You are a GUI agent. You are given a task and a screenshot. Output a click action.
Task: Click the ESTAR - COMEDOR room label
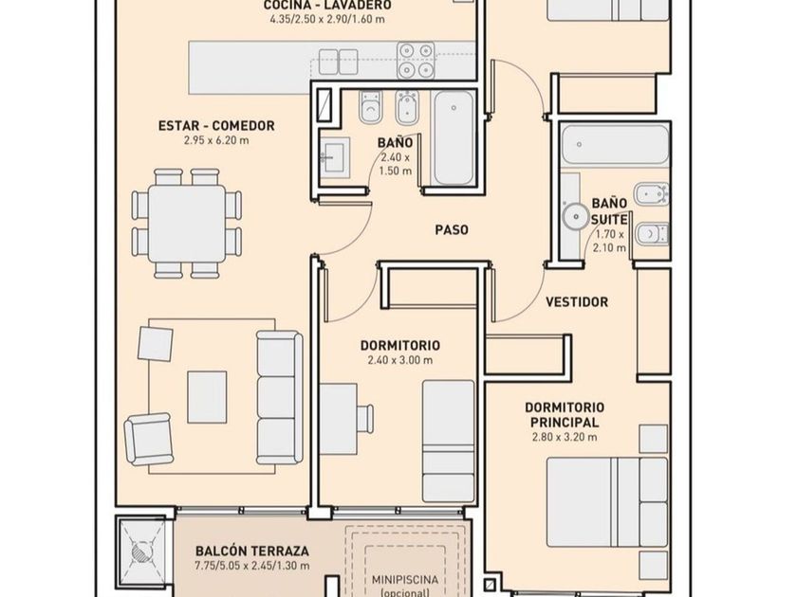pos(216,125)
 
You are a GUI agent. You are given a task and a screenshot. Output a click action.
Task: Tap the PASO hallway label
pos(452,230)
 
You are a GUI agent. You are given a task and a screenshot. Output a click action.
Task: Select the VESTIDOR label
pos(577,302)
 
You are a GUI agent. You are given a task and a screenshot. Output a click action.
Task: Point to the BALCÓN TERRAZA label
pos(252,551)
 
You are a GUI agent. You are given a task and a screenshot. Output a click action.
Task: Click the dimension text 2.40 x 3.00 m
pos(400,360)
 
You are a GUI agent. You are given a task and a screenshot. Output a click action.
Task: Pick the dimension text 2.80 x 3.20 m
pos(565,437)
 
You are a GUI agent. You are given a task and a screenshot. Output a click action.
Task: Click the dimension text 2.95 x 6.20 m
pos(216,140)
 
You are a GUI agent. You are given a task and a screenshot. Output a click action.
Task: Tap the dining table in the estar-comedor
pos(187,224)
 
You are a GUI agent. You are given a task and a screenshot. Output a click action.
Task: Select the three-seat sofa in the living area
pos(279,397)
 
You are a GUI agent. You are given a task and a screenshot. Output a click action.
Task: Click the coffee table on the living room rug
pos(207,397)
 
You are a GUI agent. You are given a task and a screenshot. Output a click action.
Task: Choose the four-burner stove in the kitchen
pos(416,60)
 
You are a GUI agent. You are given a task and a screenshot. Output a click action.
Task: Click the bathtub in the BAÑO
pos(454,138)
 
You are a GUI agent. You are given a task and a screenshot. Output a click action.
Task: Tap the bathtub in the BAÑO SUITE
pos(615,145)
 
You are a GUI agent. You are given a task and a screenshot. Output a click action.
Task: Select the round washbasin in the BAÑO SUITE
pos(577,216)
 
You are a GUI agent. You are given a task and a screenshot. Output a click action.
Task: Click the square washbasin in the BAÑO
pos(335,157)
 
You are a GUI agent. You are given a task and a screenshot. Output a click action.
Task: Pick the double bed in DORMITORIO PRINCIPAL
pos(607,502)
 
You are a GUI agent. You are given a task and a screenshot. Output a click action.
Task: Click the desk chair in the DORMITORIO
pos(365,418)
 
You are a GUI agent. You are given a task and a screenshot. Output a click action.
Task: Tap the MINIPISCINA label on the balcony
pos(404,579)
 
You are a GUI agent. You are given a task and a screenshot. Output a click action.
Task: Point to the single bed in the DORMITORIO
pos(448,442)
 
